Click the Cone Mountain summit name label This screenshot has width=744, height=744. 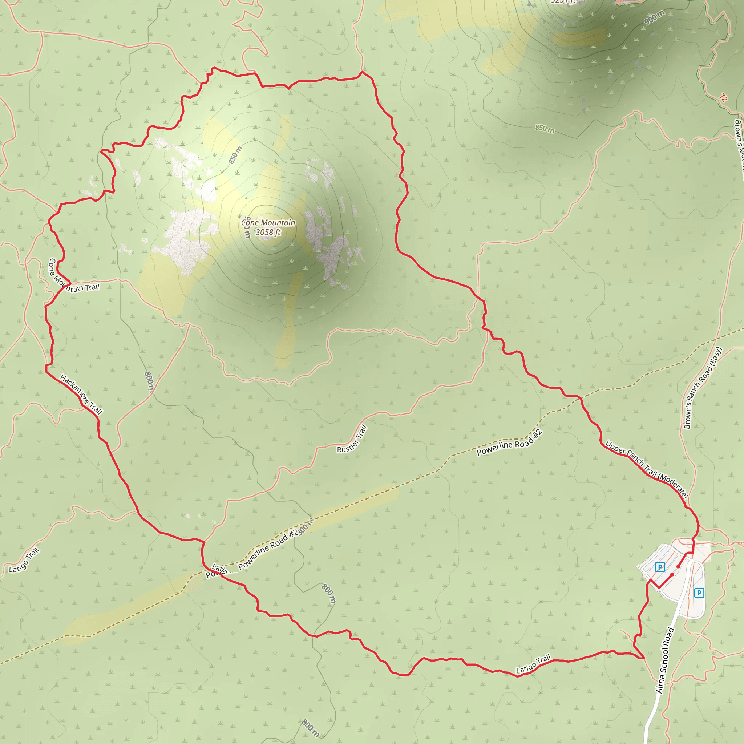[x=268, y=223]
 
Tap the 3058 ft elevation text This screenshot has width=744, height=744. [x=268, y=232]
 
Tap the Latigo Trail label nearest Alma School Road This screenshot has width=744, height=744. [x=533, y=664]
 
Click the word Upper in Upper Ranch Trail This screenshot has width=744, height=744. [x=615, y=448]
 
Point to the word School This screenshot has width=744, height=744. [x=666, y=655]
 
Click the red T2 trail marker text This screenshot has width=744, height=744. [x=723, y=98]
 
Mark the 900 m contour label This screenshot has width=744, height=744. [x=654, y=18]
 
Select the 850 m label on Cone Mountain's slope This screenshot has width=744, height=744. [x=235, y=155]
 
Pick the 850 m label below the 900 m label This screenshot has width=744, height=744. [x=545, y=129]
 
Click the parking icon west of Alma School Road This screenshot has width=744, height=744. [x=660, y=567]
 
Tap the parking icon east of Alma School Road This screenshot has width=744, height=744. [x=699, y=593]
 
